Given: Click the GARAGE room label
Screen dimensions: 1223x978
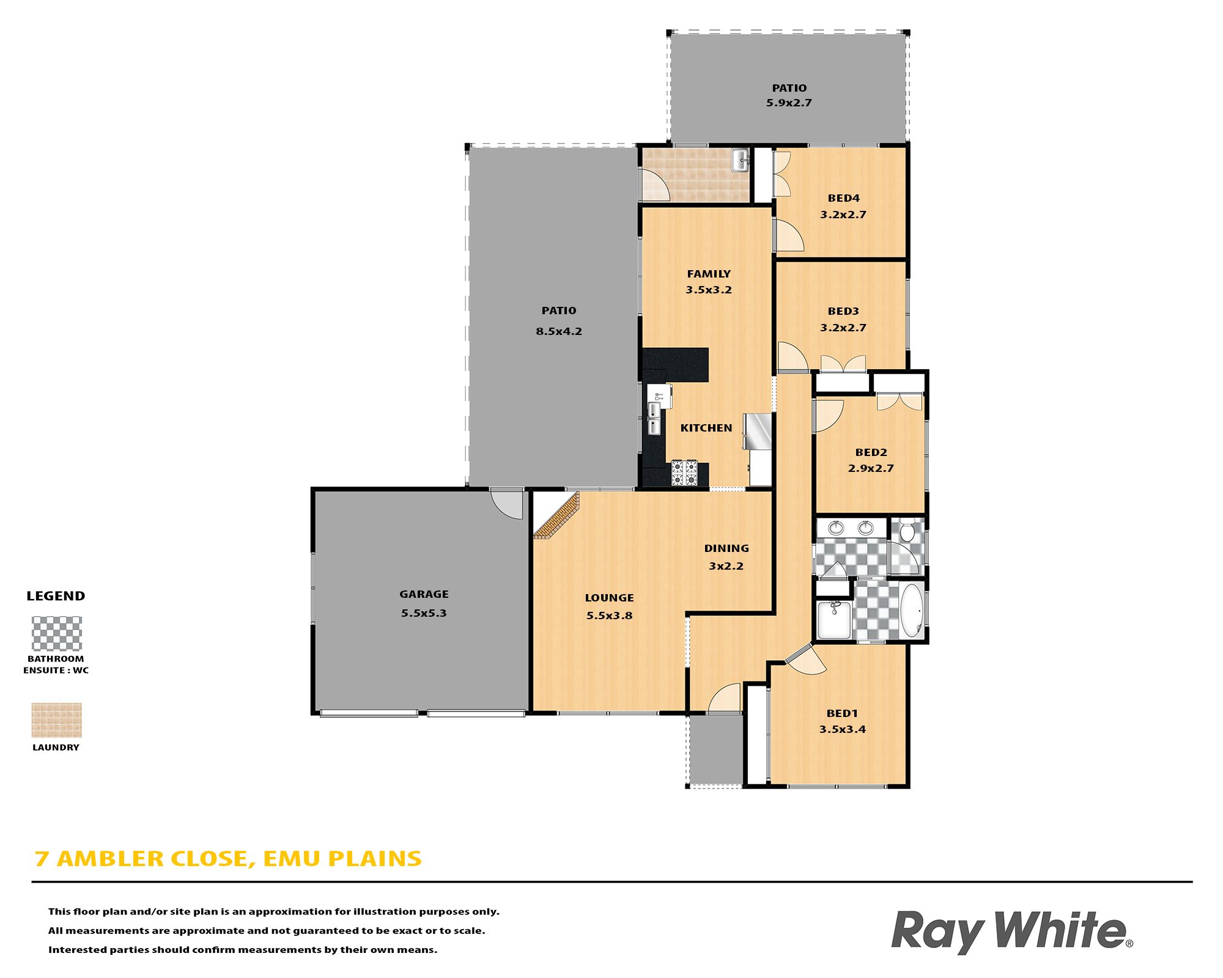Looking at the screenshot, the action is coord(424,594).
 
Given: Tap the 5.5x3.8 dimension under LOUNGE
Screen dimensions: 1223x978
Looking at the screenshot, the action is coord(609,616).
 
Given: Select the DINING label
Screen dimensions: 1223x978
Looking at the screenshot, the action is coord(726,548).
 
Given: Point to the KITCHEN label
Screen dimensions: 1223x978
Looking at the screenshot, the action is coord(706,428).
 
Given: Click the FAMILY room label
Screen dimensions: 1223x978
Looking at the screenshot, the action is coord(709,274).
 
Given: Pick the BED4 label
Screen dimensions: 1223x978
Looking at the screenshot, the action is coord(843,198).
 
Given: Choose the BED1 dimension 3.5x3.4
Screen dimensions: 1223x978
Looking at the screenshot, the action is coord(843,729).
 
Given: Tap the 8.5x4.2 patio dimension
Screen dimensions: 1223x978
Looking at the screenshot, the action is coord(559,331).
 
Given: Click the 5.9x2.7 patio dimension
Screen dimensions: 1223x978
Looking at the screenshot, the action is coord(789,103).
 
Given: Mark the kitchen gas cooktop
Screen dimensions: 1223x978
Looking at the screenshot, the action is coord(684,473).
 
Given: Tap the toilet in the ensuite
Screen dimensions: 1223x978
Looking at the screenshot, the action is coord(907,530).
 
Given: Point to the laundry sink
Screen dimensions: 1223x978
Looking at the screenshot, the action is coord(741,160).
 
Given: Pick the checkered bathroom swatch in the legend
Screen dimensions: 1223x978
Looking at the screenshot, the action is coord(56,633).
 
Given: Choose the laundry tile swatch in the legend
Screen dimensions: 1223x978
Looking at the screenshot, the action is coord(56,720).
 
